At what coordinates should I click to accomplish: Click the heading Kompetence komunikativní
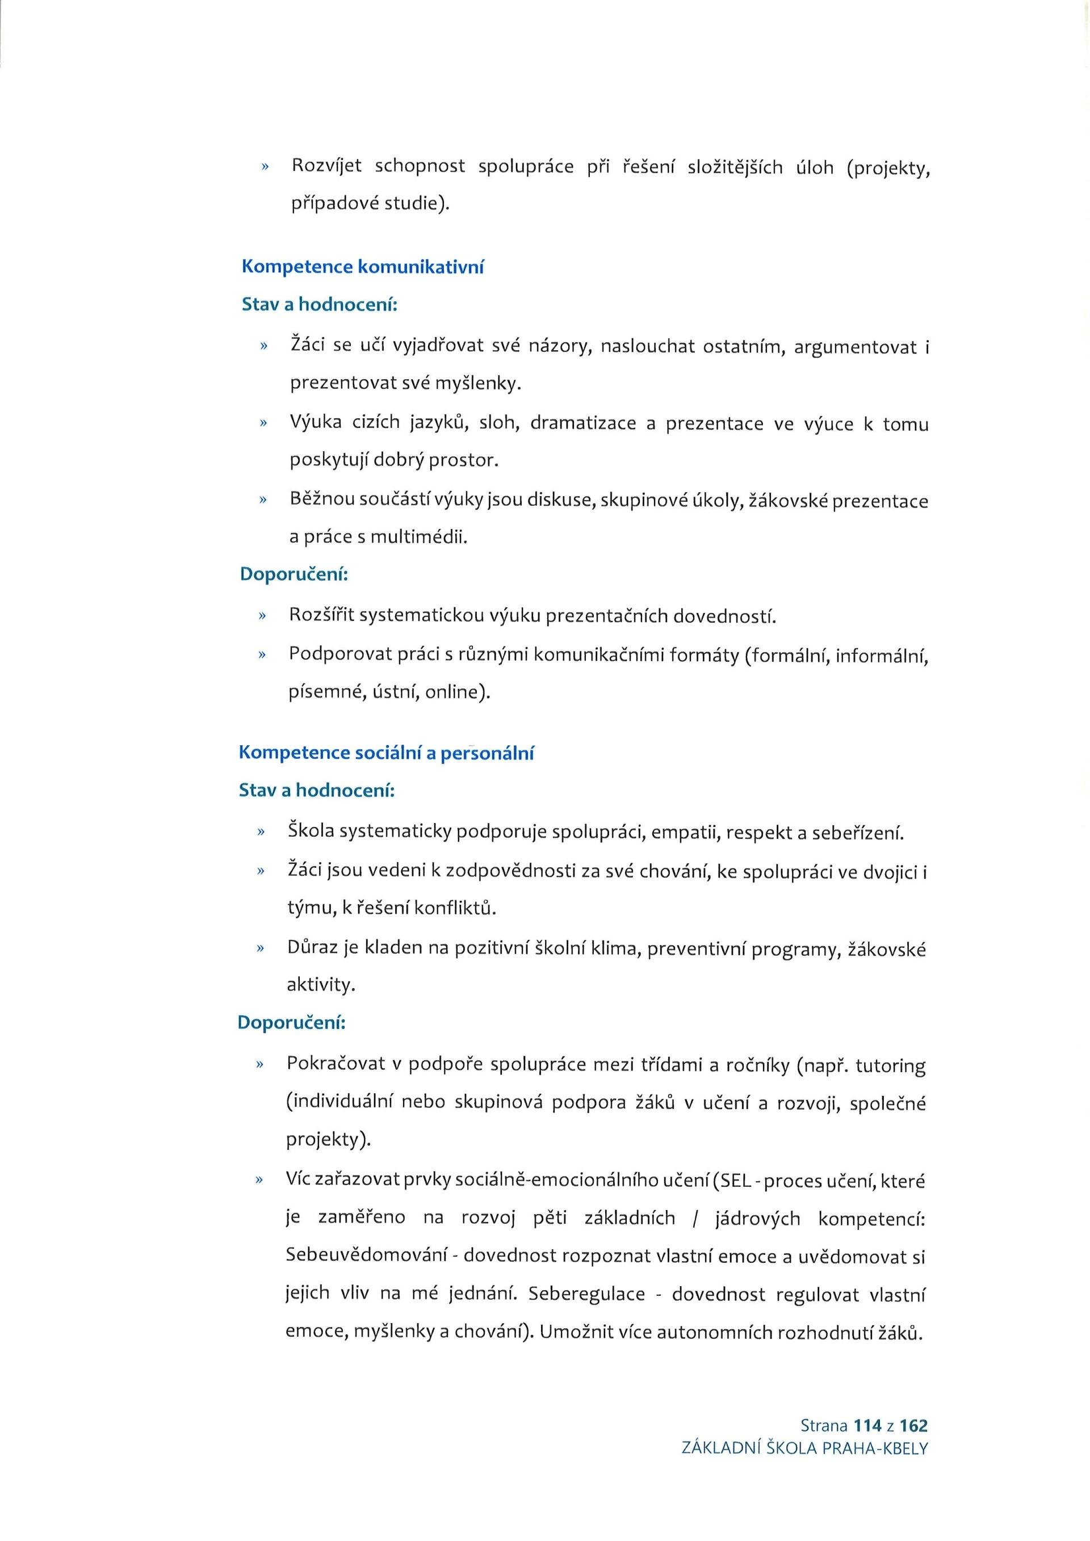tap(362, 267)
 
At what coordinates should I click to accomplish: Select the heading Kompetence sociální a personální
tap(386, 753)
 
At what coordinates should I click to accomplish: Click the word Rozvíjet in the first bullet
tap(326, 166)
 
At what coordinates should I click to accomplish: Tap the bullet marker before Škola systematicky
tap(261, 833)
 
